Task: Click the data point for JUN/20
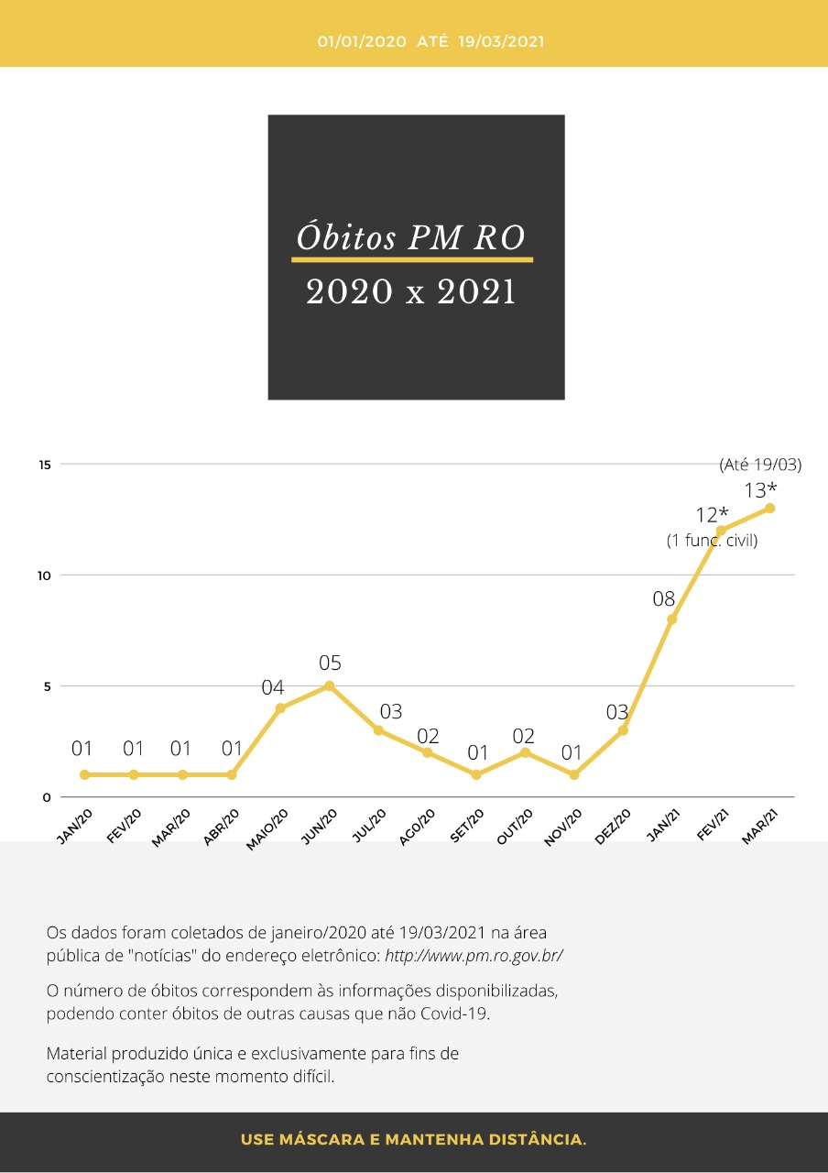tap(329, 685)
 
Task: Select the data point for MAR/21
tap(769, 508)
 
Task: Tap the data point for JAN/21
tap(671, 619)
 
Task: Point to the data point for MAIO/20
tap(280, 707)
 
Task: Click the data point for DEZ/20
tap(623, 730)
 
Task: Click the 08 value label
tap(663, 599)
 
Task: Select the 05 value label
tap(330, 663)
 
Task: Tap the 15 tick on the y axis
tap(44, 465)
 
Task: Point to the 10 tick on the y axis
tap(44, 576)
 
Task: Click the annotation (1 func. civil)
tap(713, 541)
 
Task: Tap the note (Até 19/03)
tap(760, 465)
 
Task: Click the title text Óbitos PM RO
tap(411, 237)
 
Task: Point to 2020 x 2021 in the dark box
tap(411, 292)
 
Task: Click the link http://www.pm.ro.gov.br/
tap(474, 956)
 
